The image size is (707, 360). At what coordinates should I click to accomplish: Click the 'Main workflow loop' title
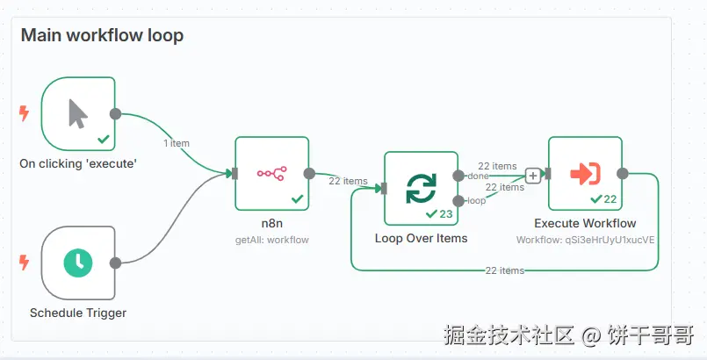coord(102,36)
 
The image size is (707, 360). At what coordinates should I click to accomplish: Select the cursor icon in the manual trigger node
coord(78,113)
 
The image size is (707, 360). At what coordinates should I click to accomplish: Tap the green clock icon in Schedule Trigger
coord(78,262)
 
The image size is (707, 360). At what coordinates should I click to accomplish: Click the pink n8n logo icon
coord(271,173)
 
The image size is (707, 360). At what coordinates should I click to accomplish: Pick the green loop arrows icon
coord(421,188)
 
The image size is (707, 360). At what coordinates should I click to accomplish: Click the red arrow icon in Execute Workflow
coord(585,173)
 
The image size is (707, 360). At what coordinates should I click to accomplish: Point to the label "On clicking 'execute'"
coord(78,163)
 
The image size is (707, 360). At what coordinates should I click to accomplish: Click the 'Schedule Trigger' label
coord(78,313)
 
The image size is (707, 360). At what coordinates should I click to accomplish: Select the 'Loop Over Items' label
coord(421,238)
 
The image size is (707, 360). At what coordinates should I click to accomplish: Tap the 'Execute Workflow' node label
coord(585,223)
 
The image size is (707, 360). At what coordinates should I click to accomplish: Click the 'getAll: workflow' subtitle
coord(271,239)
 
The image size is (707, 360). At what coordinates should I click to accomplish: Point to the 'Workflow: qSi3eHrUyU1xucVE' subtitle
coord(585,239)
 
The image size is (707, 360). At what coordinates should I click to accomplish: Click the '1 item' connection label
coord(176,143)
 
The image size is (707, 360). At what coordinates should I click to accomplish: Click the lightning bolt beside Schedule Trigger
coord(24,262)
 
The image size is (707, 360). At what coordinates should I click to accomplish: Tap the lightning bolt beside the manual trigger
coord(24,113)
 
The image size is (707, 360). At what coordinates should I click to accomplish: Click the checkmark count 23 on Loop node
coord(439,213)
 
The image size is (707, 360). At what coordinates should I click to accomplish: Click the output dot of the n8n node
coord(309,174)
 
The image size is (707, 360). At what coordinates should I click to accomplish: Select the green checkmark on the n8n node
coord(297,199)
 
